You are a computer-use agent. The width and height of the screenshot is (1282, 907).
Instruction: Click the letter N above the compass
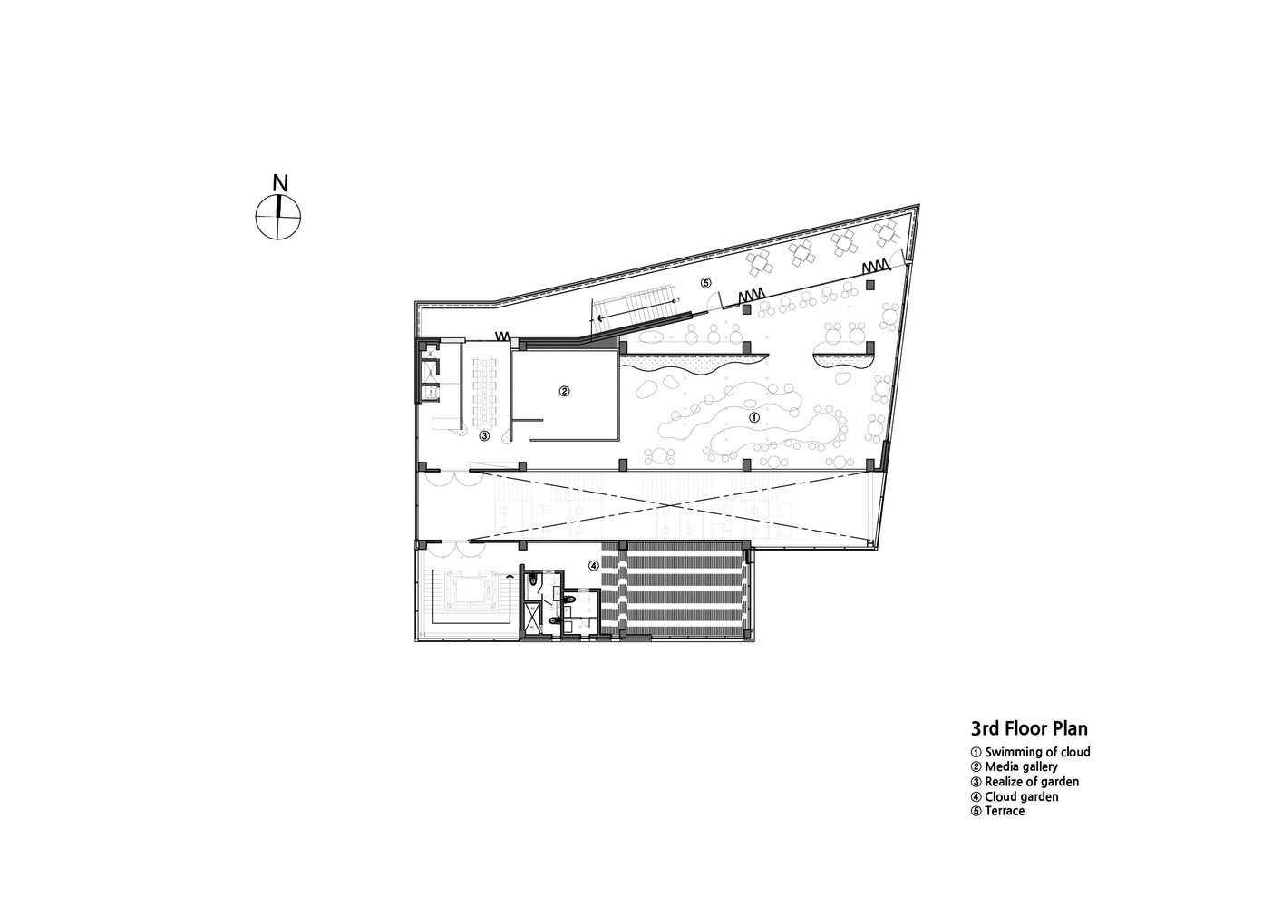tap(280, 183)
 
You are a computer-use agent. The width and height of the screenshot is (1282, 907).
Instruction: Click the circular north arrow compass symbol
tap(278, 217)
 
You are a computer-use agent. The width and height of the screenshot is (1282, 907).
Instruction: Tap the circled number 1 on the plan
tap(754, 418)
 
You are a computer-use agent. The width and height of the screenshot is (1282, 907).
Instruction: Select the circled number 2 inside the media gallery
tap(564, 392)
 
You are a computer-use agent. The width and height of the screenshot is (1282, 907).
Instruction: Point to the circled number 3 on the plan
tap(484, 435)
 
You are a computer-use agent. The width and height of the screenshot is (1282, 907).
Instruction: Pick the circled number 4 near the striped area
tap(594, 566)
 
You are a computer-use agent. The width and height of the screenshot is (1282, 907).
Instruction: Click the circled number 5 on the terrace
tap(705, 283)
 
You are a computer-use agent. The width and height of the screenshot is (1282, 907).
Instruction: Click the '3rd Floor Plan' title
tap(1030, 728)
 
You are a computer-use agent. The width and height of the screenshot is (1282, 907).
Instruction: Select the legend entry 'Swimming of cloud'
tap(1031, 752)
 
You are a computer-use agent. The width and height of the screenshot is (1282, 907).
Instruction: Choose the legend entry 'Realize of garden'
tap(1025, 782)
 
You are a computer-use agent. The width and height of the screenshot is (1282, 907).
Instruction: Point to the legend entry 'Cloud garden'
tap(1015, 796)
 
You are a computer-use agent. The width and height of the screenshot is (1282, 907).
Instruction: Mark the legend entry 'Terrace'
tap(997, 811)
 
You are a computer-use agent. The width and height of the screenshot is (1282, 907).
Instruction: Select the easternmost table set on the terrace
tap(886, 234)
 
